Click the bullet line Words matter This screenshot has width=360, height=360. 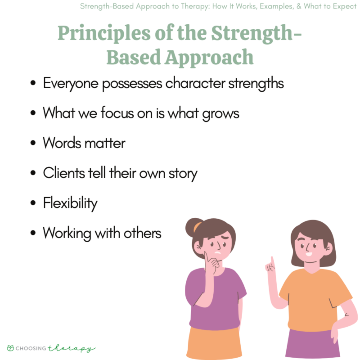click(84, 143)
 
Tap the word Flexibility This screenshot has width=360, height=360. click(70, 203)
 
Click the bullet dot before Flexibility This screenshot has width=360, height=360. click(32, 204)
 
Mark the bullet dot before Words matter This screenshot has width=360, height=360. click(32, 144)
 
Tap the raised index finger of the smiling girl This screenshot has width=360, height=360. click(271, 261)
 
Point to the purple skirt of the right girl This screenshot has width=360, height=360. click(310, 344)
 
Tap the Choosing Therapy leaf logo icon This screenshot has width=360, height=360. click(10, 347)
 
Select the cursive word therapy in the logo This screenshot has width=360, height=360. click(79, 348)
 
